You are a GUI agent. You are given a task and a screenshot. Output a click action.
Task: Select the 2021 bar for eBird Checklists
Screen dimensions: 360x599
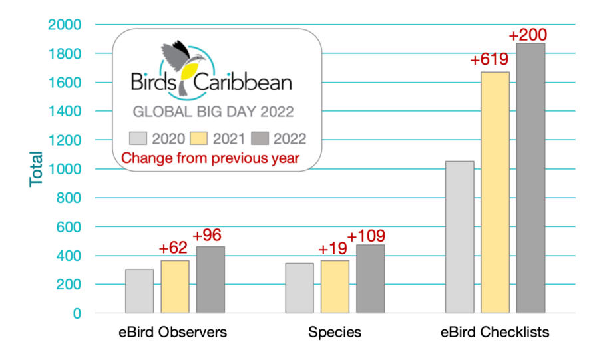pos(495,192)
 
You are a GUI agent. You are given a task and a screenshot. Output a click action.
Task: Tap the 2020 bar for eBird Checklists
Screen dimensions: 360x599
pos(460,237)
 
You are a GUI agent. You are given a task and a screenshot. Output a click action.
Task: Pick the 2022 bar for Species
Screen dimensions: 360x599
pos(370,279)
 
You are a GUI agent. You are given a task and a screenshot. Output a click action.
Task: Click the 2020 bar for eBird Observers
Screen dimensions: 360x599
pos(139,291)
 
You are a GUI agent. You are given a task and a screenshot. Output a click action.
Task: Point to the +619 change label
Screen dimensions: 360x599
pos(489,60)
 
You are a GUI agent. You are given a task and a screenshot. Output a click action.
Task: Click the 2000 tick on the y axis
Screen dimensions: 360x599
pos(65,25)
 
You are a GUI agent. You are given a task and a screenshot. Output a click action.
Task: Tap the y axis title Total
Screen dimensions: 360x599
pos(37,169)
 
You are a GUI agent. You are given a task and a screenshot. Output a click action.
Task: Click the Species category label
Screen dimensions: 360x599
pos(335,332)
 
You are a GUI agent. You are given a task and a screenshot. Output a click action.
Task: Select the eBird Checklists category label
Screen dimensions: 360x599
pos(495,332)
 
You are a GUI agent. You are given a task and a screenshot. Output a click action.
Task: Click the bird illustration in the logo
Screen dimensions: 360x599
pos(182,59)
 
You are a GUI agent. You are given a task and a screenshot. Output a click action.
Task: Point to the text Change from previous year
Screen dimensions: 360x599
pos(210,158)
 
